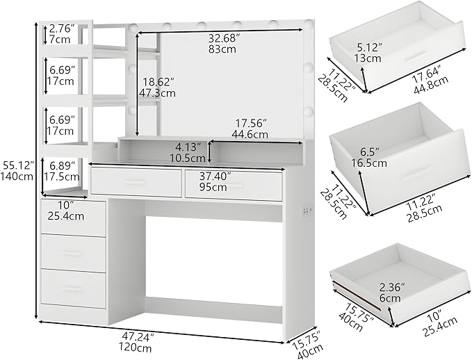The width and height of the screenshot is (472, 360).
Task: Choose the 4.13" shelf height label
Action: pyautogui.click(x=188, y=152)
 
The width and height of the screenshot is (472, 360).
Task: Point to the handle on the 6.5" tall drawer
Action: pyautogui.click(x=419, y=171)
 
